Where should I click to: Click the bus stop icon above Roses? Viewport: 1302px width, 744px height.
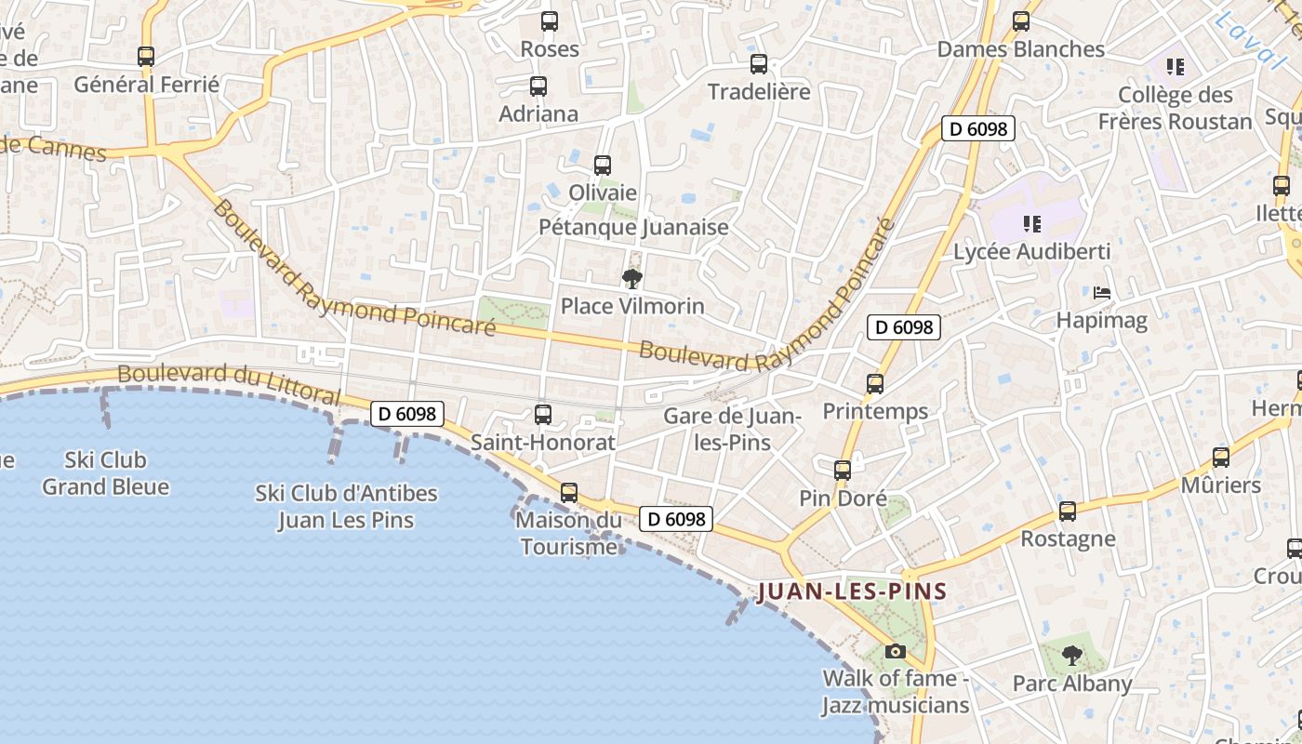point(550,20)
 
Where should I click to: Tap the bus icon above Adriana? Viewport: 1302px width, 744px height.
point(538,86)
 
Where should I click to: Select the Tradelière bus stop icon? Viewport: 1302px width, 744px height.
point(759,64)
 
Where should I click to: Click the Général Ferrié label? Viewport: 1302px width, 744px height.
point(147,85)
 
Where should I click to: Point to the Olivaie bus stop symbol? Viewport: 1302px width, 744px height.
point(603,166)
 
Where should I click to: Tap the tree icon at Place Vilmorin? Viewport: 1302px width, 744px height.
point(632,278)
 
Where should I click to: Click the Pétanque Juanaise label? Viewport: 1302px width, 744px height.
point(634,227)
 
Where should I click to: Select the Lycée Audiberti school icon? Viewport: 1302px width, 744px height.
point(1031,224)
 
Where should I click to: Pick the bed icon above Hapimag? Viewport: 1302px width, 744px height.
point(1102,294)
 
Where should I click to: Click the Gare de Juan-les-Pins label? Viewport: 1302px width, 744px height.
point(733,429)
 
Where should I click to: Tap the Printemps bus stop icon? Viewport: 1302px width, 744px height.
point(875,383)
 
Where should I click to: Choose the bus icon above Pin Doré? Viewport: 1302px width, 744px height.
point(843,471)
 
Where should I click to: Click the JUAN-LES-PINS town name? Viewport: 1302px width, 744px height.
point(852,591)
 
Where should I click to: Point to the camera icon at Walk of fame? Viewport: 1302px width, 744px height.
point(896,651)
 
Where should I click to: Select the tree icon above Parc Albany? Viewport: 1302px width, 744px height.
point(1072,656)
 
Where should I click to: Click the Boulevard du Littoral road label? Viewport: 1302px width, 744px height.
point(228,382)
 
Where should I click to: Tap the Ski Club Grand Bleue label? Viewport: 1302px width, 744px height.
point(106,473)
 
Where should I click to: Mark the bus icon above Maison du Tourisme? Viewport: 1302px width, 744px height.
point(569,493)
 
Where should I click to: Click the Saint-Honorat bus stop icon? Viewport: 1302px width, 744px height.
point(543,415)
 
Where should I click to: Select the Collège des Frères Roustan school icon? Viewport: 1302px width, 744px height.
point(1176,67)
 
